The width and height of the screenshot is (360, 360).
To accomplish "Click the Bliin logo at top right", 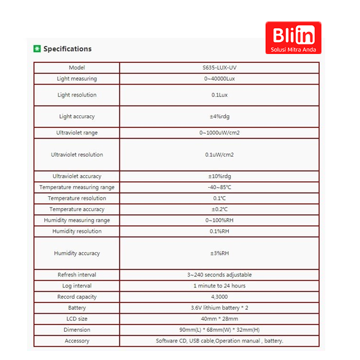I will pyautogui.click(x=293, y=37).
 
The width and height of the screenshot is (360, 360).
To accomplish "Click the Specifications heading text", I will pyautogui.click(x=67, y=49).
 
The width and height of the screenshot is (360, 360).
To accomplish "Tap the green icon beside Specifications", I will pyautogui.click(x=37, y=49).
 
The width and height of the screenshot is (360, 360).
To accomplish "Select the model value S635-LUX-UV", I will pyautogui.click(x=220, y=68).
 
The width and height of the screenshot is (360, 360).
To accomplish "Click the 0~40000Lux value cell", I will pyautogui.click(x=220, y=79).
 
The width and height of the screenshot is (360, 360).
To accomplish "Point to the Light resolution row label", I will pyautogui.click(x=77, y=95).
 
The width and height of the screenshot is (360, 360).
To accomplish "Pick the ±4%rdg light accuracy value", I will pyautogui.click(x=220, y=116).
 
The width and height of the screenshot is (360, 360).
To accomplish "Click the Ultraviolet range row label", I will pyautogui.click(x=77, y=133).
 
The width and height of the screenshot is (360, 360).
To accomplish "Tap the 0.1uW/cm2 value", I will pyautogui.click(x=220, y=155).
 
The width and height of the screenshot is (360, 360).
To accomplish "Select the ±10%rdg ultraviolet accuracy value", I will pyautogui.click(x=220, y=176).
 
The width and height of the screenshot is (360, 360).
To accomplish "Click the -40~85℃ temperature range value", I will pyautogui.click(x=220, y=187).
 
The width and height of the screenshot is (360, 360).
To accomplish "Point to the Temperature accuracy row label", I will pyautogui.click(x=77, y=209).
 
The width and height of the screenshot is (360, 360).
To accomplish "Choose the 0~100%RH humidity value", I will pyautogui.click(x=220, y=220).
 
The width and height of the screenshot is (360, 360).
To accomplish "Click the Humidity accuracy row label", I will pyautogui.click(x=77, y=253).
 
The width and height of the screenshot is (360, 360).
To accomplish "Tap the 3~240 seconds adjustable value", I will pyautogui.click(x=220, y=275).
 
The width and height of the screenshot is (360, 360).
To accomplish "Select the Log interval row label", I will pyautogui.click(x=77, y=286).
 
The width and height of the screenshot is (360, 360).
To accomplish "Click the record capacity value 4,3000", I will pyautogui.click(x=220, y=297).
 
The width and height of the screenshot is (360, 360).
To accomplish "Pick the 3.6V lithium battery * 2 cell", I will pyautogui.click(x=220, y=308).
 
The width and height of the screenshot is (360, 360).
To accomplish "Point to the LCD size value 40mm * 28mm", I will pyautogui.click(x=220, y=319).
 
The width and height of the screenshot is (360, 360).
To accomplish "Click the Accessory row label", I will pyautogui.click(x=77, y=341).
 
